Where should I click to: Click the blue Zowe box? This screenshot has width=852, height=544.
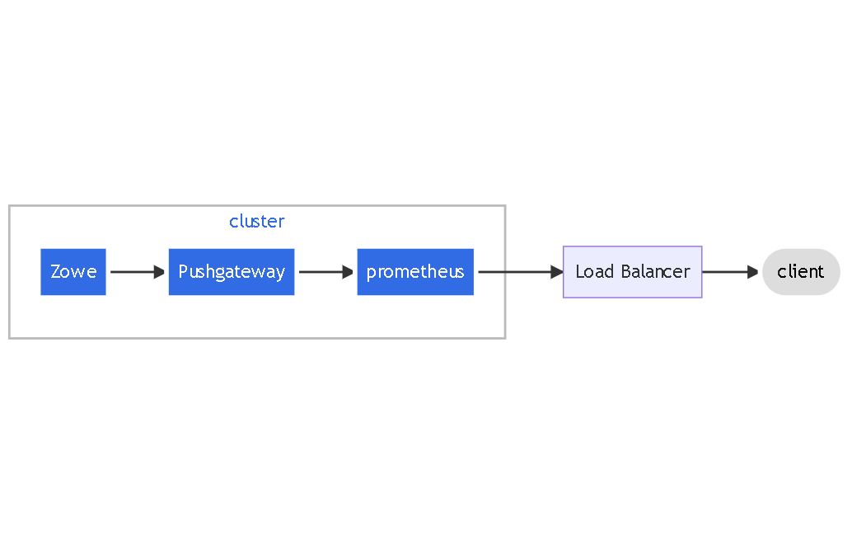pos(73,272)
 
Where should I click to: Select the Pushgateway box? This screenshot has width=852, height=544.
pos(232,272)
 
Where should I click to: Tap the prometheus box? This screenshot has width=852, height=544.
pos(415,272)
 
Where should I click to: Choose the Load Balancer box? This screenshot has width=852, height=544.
pos(632,272)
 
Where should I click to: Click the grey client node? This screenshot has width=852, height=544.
pos(801,272)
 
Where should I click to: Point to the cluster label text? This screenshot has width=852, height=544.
pos(257,222)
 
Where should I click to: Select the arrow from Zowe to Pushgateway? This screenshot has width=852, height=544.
pos(135,272)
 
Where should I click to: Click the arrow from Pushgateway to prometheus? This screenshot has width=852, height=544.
pos(324,272)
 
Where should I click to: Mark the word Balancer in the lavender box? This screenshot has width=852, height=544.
pos(655,272)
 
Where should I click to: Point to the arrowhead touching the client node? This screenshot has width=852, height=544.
pos(752,272)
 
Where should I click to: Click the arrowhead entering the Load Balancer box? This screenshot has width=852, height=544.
pos(557,272)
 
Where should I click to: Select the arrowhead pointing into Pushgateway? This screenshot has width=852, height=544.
pos(161,272)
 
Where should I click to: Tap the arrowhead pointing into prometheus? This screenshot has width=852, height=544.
pos(349,272)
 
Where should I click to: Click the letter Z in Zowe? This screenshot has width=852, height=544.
pos(55,272)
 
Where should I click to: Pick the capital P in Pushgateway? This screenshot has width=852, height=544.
pos(183,272)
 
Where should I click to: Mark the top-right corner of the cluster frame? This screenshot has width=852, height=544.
pos(504,206)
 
